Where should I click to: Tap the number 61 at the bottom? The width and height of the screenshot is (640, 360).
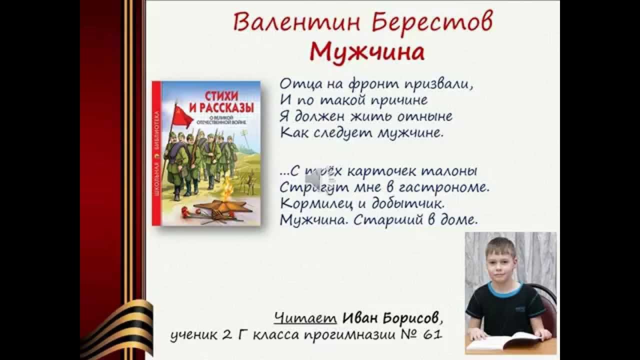point(432,334)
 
